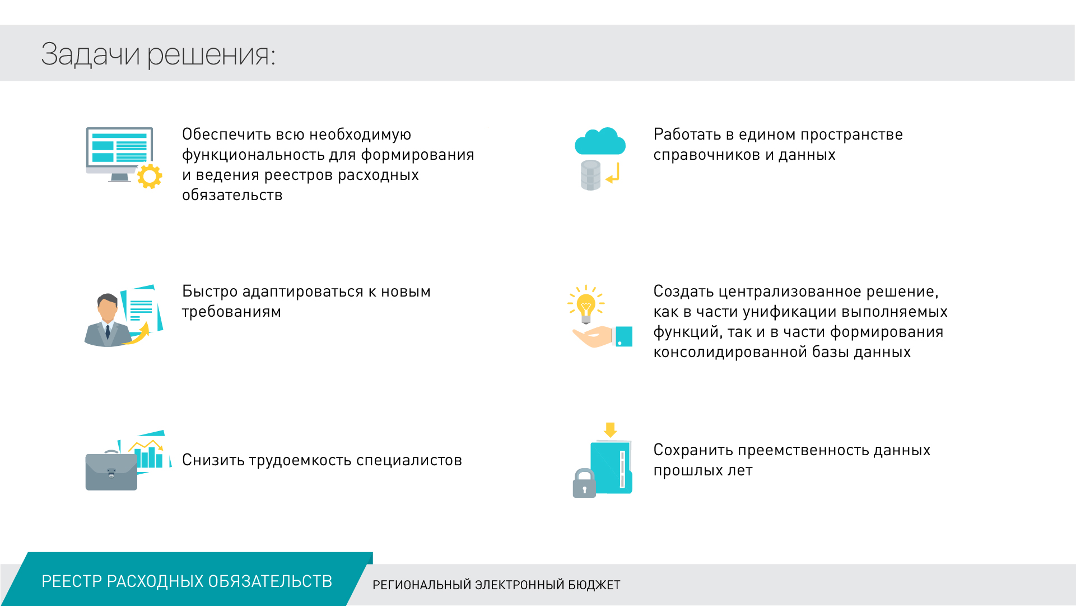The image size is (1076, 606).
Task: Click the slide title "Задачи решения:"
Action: click(158, 54)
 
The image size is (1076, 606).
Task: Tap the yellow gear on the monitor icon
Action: click(150, 176)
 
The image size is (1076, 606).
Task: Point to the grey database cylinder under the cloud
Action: click(590, 175)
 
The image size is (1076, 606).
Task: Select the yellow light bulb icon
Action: click(586, 306)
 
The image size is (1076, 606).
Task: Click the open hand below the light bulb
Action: click(593, 336)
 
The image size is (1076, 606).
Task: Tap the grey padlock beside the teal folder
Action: click(584, 483)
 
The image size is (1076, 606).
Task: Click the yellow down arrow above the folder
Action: click(610, 430)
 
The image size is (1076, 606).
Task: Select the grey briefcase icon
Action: click(111, 471)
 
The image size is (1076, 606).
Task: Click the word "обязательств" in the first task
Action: click(232, 195)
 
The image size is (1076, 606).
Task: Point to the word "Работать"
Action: click(687, 135)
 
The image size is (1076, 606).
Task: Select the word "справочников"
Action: click(707, 155)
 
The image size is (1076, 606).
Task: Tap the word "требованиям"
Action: click(231, 312)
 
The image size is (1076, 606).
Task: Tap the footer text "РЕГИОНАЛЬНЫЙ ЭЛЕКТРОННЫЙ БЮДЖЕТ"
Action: click(496, 585)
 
